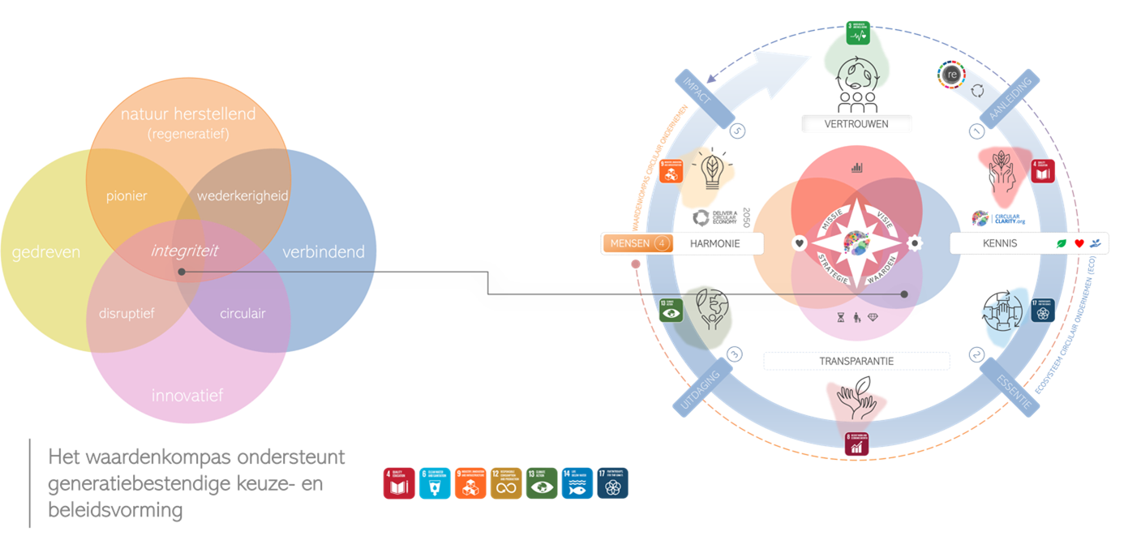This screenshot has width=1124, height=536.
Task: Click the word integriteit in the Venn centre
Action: pos(184,251)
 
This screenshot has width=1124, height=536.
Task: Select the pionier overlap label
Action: pos(127,196)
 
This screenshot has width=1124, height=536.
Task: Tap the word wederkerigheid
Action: pos(242,196)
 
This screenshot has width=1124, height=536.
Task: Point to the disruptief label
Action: pos(127,313)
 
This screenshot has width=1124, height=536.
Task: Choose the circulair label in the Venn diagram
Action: pos(242,313)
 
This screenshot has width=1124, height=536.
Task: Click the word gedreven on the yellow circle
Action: pos(46,252)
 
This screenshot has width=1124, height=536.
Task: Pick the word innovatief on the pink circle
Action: pos(187,396)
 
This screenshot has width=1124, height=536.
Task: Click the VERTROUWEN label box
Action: pos(856,124)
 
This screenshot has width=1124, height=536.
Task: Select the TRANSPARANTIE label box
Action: pos(856,361)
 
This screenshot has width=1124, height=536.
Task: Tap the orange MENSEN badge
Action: pos(637,242)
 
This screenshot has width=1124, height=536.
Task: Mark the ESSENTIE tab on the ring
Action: pos(1012,388)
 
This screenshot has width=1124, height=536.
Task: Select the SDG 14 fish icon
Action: pos(577,483)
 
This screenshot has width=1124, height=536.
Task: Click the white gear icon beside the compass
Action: pos(916,242)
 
